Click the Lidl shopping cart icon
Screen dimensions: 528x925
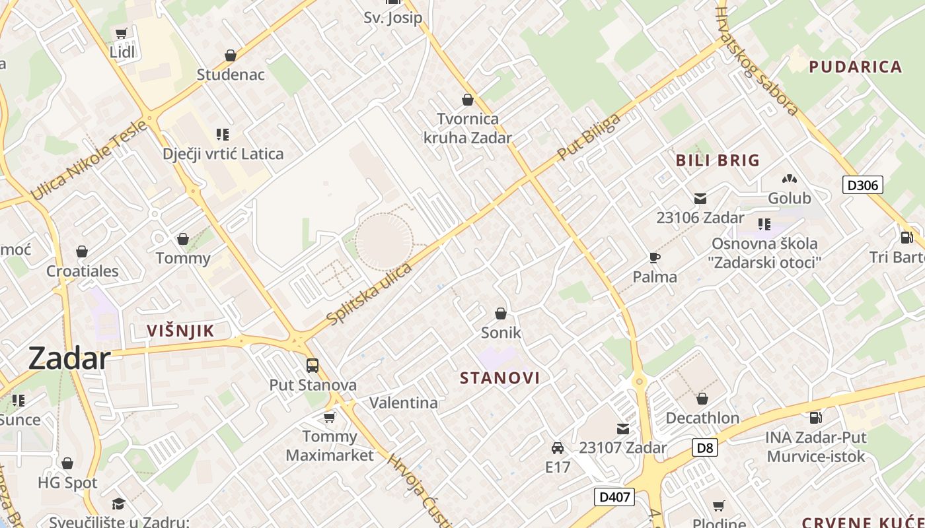click(x=121, y=34)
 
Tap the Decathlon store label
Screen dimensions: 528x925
click(x=702, y=418)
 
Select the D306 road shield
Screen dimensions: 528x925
click(x=863, y=185)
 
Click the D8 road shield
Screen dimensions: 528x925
click(x=706, y=448)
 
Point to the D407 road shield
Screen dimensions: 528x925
click(x=614, y=497)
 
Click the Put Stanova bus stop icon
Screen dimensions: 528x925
click(x=313, y=365)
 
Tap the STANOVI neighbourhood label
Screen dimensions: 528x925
click(x=499, y=378)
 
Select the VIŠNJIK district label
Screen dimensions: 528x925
click(x=180, y=331)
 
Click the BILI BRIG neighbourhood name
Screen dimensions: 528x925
click(x=718, y=160)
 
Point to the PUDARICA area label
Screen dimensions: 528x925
click(x=856, y=67)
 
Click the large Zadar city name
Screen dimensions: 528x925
click(x=69, y=359)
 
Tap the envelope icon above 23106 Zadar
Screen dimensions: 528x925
click(x=700, y=199)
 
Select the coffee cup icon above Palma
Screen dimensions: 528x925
click(x=655, y=257)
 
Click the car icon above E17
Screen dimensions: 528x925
click(x=558, y=448)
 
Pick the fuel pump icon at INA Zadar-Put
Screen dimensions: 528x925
click(x=816, y=417)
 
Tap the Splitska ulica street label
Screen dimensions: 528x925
click(x=370, y=294)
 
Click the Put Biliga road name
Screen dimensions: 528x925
click(x=589, y=137)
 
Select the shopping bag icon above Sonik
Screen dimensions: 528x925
click(x=501, y=313)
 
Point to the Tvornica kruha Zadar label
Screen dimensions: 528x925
click(x=468, y=128)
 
